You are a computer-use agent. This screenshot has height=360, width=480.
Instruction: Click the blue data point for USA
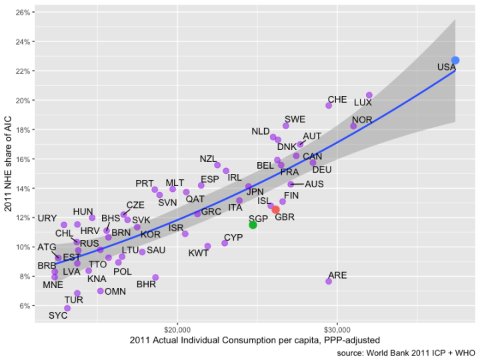click(455, 61)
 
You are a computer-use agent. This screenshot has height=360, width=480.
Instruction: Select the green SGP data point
click(253, 225)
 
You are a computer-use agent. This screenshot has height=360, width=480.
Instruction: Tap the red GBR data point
click(276, 209)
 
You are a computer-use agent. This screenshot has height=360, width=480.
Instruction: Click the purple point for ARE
click(329, 281)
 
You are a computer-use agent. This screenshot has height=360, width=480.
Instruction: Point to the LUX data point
click(369, 95)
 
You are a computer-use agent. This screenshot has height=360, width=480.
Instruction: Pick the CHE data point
click(329, 105)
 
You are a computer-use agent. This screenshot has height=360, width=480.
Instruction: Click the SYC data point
click(67, 308)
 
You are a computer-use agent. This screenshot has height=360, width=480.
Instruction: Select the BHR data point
click(155, 277)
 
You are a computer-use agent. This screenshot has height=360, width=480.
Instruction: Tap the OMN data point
click(101, 291)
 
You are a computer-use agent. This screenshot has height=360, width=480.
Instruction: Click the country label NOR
click(362, 119)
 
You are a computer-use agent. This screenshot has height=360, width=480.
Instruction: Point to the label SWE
click(295, 119)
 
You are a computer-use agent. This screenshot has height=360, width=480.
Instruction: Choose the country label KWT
click(198, 253)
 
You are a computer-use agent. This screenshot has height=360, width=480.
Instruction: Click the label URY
click(47, 218)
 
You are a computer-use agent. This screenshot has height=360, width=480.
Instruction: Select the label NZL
click(208, 159)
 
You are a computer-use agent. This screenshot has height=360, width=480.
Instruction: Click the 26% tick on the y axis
click(21, 13)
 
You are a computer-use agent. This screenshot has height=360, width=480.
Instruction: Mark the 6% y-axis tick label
click(23, 306)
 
